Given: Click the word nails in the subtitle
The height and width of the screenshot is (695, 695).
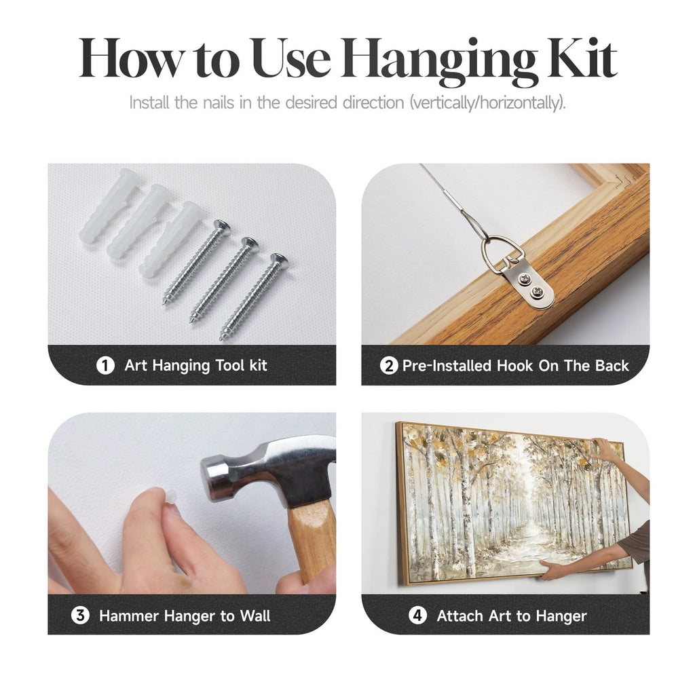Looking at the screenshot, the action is click(219, 102).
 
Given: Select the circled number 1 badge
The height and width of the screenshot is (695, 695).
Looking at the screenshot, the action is click(105, 366).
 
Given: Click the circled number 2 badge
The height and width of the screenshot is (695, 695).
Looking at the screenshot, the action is click(389, 366).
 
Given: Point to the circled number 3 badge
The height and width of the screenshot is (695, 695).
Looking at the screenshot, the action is click(80, 616).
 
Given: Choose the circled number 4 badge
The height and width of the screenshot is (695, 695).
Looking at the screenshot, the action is click(417, 616).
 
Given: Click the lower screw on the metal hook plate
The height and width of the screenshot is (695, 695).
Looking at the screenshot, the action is click(538, 291).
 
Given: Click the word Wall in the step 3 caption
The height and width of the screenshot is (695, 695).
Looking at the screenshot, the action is click(255, 616).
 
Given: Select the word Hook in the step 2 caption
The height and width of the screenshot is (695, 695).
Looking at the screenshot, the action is click(514, 366).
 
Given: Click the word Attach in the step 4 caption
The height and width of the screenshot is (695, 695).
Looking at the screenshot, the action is click(459, 616).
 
